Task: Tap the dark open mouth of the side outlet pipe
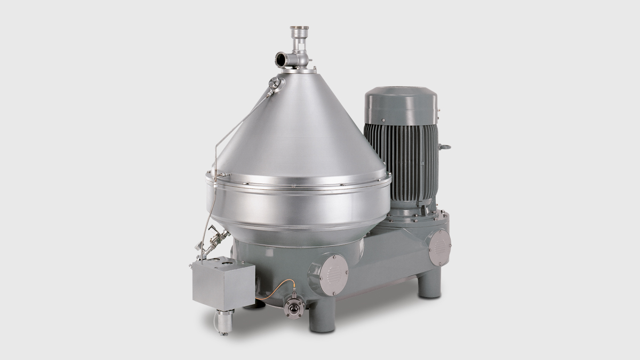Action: (279, 59)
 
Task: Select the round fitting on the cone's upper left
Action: (275, 83)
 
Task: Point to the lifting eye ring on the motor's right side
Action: (444, 147)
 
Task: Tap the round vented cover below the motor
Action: (439, 247)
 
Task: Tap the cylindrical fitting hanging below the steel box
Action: (224, 321)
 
